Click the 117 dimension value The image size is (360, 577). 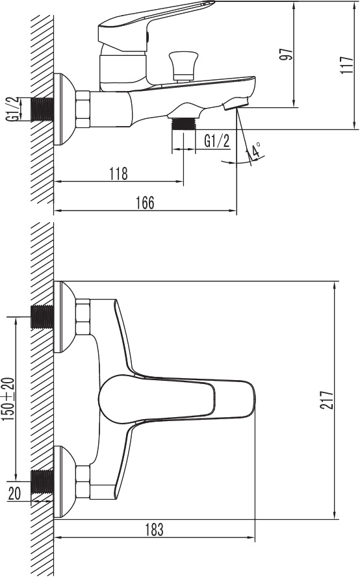coord(347,65)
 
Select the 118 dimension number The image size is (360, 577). coord(119,173)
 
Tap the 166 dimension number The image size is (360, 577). coord(145,203)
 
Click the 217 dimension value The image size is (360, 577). coord(326,400)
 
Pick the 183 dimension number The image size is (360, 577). coord(153,529)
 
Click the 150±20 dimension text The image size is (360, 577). coord(8,399)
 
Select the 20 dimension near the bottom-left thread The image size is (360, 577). coord(14,493)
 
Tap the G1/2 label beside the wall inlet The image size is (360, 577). coord(12,109)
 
